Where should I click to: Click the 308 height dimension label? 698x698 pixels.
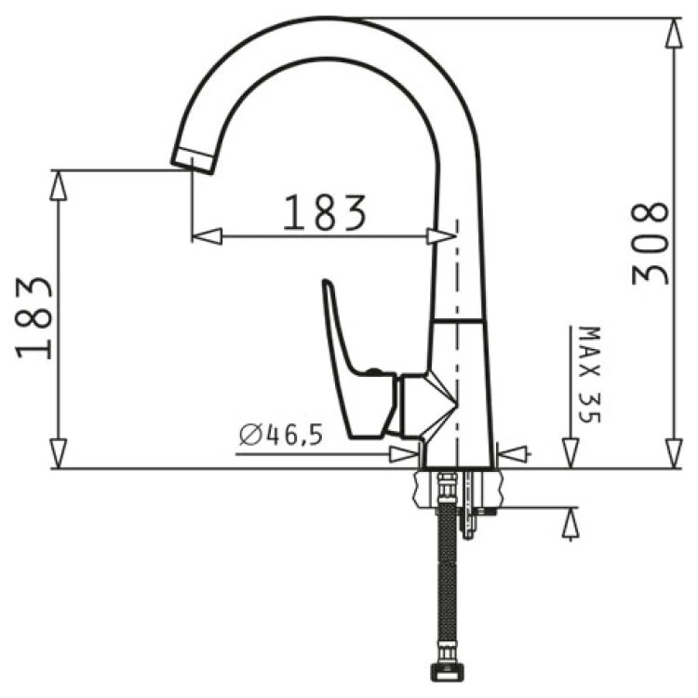coord(650,244)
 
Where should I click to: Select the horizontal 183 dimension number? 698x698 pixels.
coord(325,212)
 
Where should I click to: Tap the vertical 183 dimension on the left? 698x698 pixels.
coord(34,318)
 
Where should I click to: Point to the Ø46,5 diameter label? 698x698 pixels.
coord(280,435)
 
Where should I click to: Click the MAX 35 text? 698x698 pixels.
coord(590,374)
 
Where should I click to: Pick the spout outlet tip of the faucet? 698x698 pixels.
coord(193,160)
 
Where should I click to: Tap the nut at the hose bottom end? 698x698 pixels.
coord(448,670)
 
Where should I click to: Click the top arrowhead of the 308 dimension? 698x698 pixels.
coord(674,33)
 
